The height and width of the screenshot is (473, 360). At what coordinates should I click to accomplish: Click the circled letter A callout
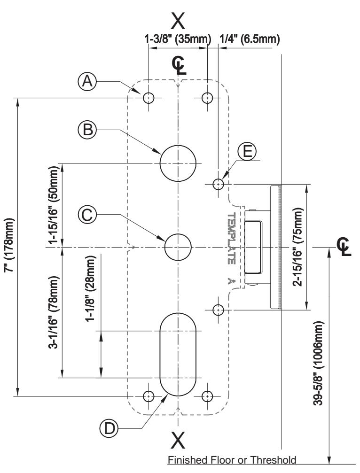pos(87,81)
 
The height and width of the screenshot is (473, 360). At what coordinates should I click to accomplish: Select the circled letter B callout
pos(87,130)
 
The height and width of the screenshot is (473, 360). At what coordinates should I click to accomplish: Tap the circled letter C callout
pos(87,215)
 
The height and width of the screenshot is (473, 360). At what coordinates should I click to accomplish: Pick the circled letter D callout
pos(109,428)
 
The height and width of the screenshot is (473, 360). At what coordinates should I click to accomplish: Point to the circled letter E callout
pos(247,151)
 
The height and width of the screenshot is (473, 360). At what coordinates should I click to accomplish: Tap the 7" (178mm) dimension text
pos(9,245)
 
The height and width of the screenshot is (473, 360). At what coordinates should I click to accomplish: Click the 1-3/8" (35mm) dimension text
pos(178,39)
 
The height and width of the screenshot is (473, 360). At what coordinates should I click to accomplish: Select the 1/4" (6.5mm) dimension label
pos(250,39)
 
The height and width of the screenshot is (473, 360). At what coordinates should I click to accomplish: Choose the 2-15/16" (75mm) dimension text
pos(297,247)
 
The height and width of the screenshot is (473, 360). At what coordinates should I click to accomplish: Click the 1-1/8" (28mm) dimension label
pos(91,289)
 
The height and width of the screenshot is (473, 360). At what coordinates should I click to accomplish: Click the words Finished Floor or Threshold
pos(232,460)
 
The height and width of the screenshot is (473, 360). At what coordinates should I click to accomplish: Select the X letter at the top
pos(178,21)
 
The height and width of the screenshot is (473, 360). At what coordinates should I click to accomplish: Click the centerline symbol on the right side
pos(344,247)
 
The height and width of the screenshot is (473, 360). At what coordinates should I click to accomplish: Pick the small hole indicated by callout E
pos(218,184)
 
